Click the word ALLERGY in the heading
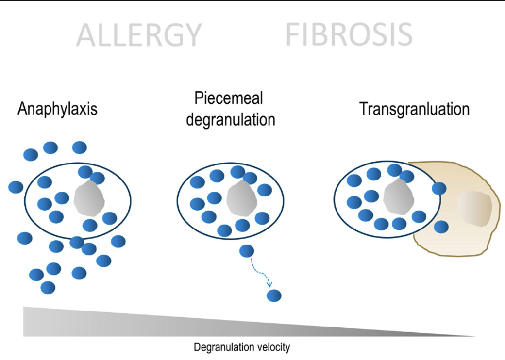click(x=138, y=35)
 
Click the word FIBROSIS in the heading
click(x=349, y=35)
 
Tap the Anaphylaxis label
click(x=57, y=108)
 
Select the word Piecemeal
click(x=228, y=98)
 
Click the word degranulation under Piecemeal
click(x=230, y=119)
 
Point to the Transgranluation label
click(x=414, y=109)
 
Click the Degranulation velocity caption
click(x=242, y=347)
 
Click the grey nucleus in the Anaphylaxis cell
click(x=89, y=199)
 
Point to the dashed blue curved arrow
click(x=260, y=272)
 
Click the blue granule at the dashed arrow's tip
click(x=274, y=295)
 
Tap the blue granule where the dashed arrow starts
click(x=247, y=251)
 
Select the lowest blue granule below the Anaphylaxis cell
click(x=48, y=287)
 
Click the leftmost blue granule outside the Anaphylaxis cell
click(x=16, y=187)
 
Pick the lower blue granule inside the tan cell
click(x=441, y=227)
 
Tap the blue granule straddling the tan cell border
click(x=439, y=188)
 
